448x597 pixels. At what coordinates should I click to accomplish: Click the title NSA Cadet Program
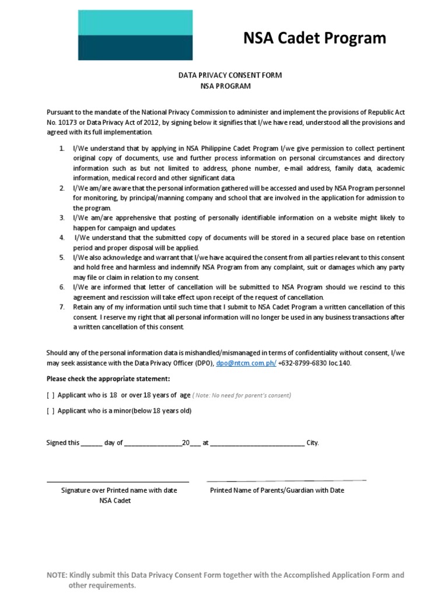click(x=314, y=38)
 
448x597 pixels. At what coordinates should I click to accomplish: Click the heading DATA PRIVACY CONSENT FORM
click(x=225, y=76)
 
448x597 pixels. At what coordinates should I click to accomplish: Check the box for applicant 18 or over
click(x=51, y=395)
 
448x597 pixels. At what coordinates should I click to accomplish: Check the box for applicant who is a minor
click(x=51, y=410)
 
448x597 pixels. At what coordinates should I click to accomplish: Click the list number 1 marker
click(x=61, y=149)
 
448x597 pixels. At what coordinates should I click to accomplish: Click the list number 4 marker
click(x=61, y=238)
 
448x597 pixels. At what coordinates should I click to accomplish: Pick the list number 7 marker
click(x=61, y=307)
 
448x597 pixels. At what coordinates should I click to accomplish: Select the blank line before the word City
click(x=257, y=443)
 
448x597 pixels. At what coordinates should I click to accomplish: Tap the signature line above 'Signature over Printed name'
click(x=118, y=482)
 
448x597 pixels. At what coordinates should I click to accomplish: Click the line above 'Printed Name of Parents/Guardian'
click(x=286, y=481)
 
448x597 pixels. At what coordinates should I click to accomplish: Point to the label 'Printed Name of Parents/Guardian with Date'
click(x=277, y=490)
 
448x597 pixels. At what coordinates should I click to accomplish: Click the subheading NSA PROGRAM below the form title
click(x=225, y=86)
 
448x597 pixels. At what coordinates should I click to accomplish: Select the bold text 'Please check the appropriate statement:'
click(x=108, y=379)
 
